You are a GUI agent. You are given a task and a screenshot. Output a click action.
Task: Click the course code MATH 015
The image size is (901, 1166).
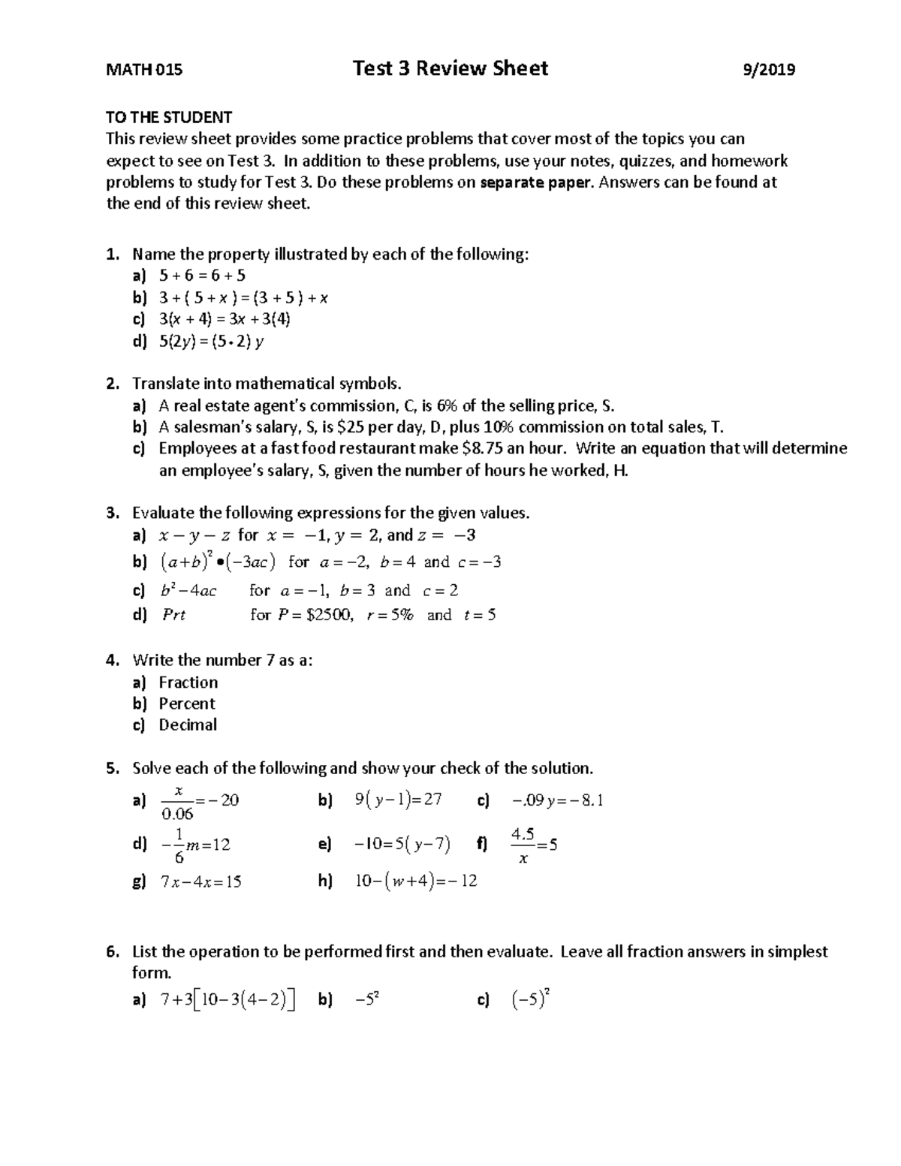pyautogui.click(x=143, y=70)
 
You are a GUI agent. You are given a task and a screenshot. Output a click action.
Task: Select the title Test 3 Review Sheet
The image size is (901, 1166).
pyautogui.click(x=450, y=68)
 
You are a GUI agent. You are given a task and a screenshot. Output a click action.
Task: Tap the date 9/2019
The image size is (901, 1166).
pyautogui.click(x=768, y=70)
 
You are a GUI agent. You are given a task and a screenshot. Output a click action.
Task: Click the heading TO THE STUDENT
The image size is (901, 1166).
pyautogui.click(x=169, y=117)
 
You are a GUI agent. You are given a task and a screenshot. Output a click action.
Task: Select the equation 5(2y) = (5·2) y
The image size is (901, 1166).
pyautogui.click(x=211, y=342)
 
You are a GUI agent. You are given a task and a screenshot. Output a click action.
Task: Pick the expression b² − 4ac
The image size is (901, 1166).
pyautogui.click(x=188, y=591)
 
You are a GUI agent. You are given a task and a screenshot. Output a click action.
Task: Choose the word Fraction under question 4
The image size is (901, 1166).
pyautogui.click(x=188, y=682)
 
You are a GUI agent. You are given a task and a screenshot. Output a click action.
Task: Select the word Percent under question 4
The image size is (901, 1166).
pyautogui.click(x=187, y=704)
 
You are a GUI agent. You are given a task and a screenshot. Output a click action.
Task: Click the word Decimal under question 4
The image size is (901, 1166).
pyautogui.click(x=188, y=725)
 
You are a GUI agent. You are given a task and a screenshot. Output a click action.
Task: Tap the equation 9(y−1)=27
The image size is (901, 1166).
pyautogui.click(x=398, y=800)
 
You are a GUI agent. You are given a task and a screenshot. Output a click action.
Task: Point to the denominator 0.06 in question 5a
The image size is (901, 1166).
pyautogui.click(x=177, y=814)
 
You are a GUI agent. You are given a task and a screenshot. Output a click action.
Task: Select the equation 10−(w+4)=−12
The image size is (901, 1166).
pyautogui.click(x=416, y=881)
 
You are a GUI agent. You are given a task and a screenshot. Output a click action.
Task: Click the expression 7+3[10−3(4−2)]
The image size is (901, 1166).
pyautogui.click(x=227, y=1000)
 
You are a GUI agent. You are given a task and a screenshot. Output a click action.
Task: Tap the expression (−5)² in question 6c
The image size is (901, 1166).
pyautogui.click(x=531, y=999)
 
